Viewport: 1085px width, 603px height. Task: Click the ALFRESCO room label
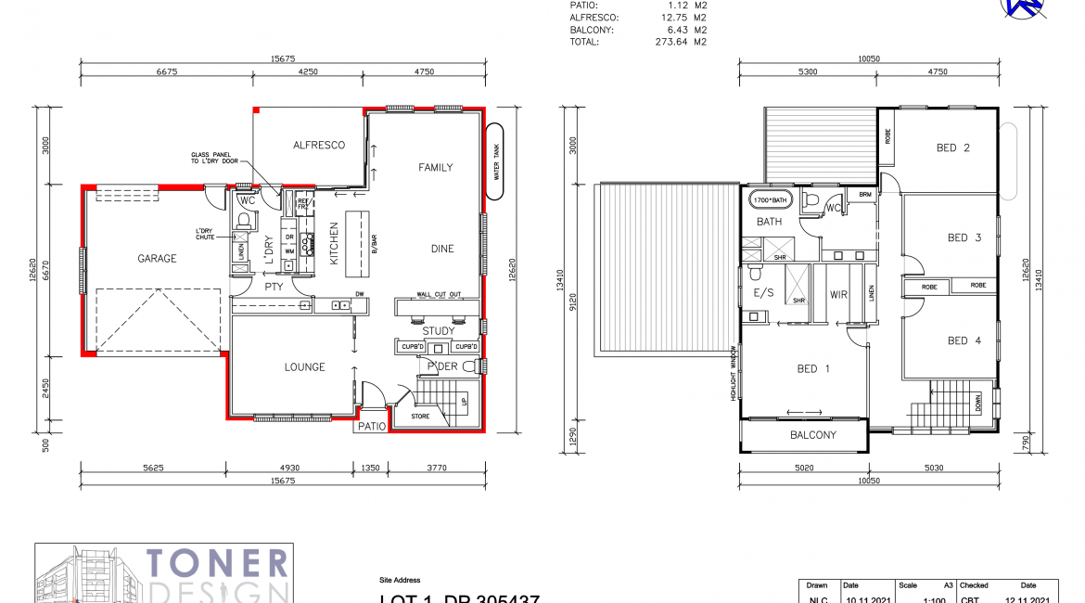pos(319,146)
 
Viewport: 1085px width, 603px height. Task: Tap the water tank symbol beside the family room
pos(495,160)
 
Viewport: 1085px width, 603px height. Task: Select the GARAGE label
pos(157,259)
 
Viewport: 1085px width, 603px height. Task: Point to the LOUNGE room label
pos(304,367)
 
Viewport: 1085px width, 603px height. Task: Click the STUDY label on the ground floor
pos(438,331)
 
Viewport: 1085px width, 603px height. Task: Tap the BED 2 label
pos(952,148)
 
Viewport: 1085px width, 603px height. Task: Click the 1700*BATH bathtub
pos(770,200)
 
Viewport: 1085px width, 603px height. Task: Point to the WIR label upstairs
pos(838,295)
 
